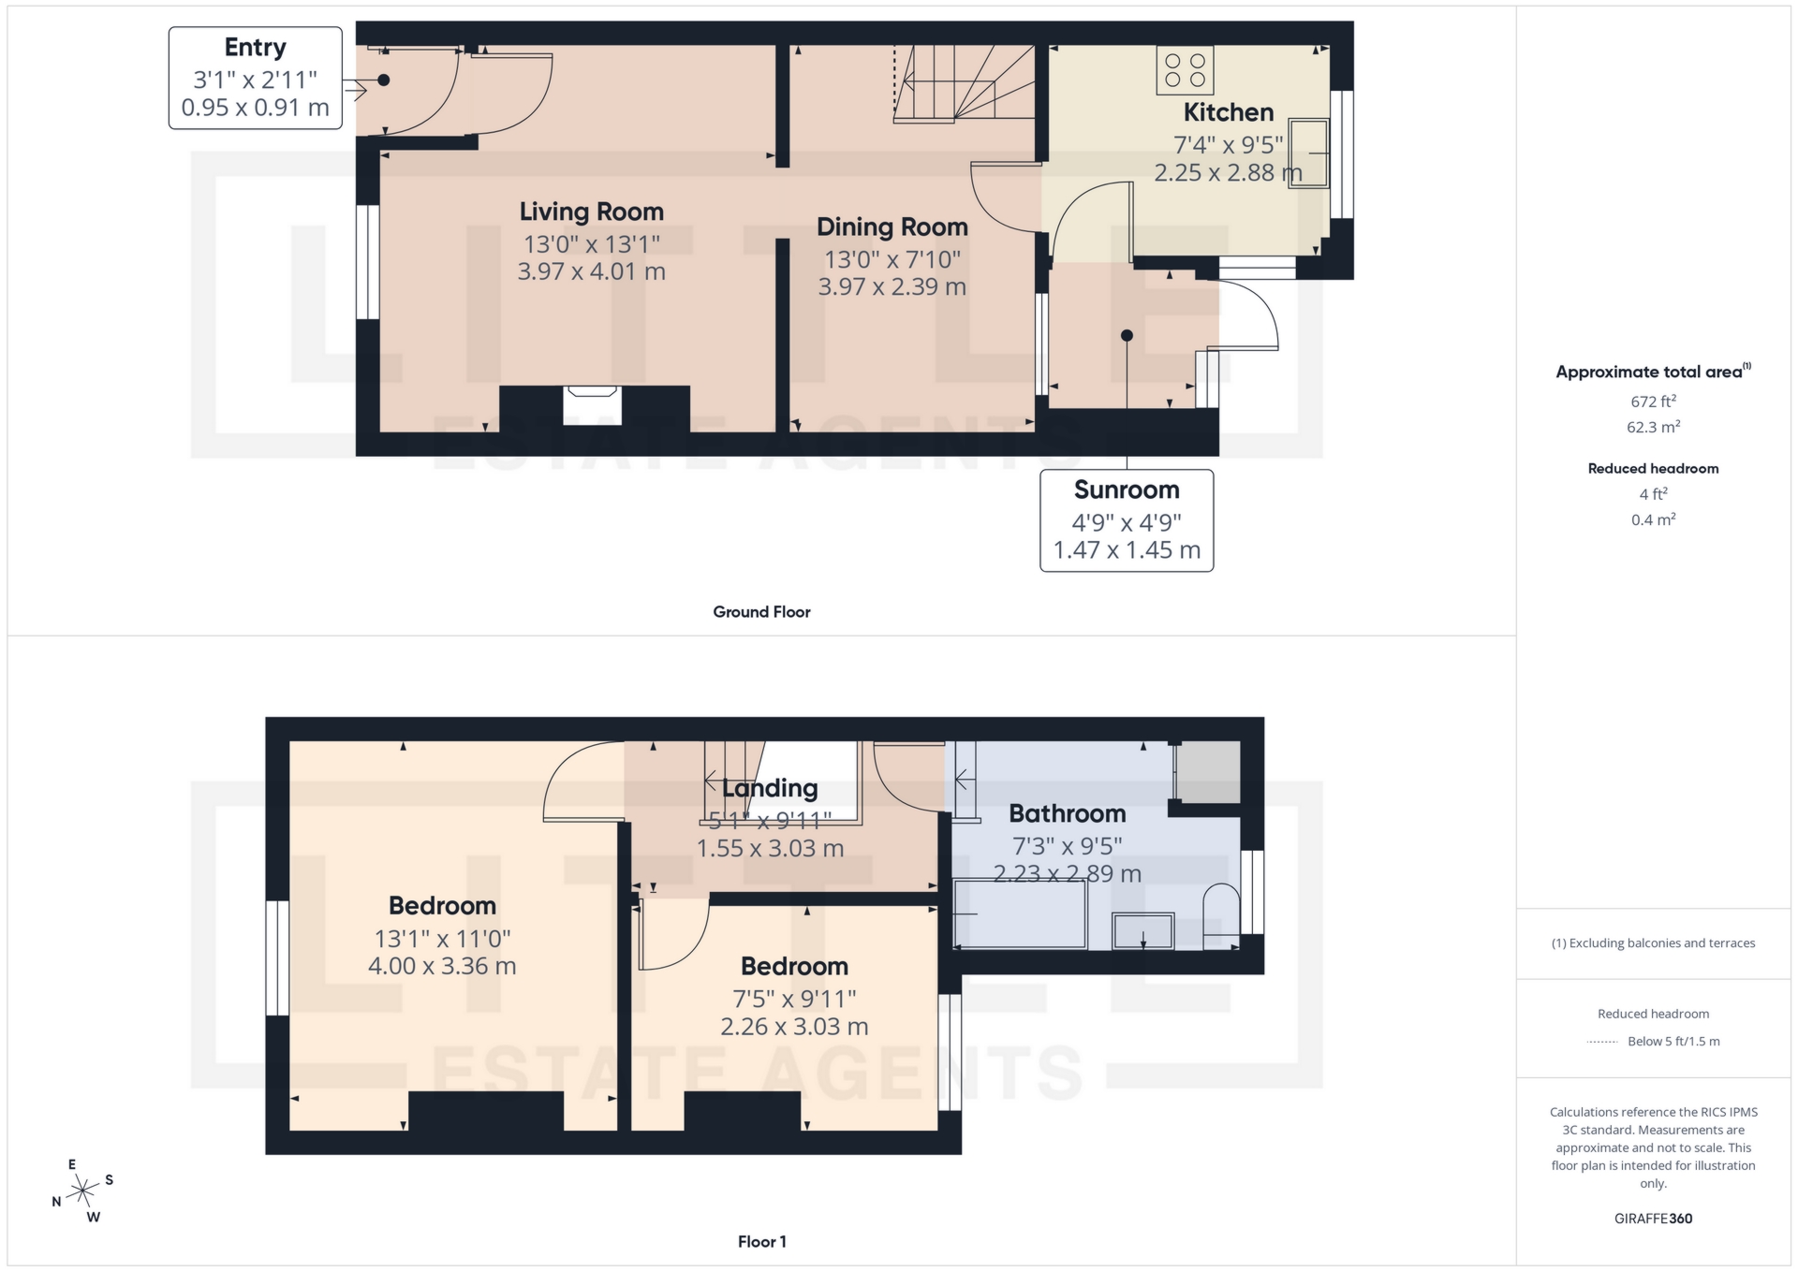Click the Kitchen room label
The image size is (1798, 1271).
(x=1228, y=112)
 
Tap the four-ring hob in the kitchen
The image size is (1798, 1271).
(x=1185, y=70)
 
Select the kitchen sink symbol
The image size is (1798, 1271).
(x=1308, y=153)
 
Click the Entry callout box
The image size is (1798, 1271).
(x=255, y=78)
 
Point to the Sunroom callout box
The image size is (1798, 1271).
(x=1127, y=520)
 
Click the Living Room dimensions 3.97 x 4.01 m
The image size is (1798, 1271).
(x=591, y=271)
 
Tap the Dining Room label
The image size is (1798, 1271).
(x=892, y=226)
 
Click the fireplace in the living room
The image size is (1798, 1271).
(x=592, y=404)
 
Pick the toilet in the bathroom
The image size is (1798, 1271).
(x=1220, y=917)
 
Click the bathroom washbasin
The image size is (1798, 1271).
(x=1142, y=931)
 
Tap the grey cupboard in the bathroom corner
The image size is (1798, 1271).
(x=1208, y=772)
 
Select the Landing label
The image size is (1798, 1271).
(x=770, y=788)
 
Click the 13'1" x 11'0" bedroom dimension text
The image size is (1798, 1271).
(x=442, y=938)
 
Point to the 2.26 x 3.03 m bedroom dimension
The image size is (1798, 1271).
(x=794, y=1027)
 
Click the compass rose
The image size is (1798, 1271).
(x=83, y=1191)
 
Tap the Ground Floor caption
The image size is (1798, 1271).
(x=761, y=611)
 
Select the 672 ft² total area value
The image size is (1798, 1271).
(x=1653, y=402)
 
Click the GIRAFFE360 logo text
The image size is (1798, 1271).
(x=1653, y=1219)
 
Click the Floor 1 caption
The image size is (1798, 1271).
(x=761, y=1241)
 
